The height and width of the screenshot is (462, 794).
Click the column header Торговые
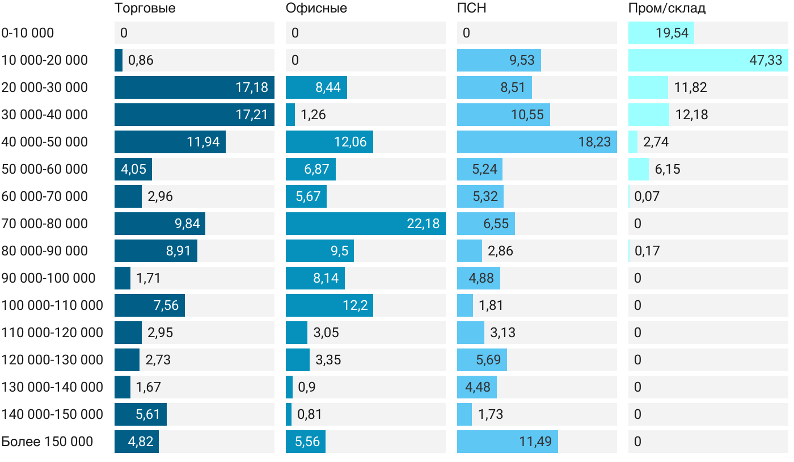point(145,9)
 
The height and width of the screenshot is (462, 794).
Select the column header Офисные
point(316,9)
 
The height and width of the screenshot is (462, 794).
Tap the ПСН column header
point(471,9)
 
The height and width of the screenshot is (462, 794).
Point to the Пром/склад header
point(666,9)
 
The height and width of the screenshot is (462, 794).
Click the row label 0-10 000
point(28,33)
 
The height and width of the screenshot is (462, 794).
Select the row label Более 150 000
point(47,442)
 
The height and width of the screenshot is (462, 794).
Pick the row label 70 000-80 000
point(45,224)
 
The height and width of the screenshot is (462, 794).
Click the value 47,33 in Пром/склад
point(765,60)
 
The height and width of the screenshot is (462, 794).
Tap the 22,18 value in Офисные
point(423,224)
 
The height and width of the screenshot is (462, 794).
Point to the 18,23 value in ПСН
point(594,142)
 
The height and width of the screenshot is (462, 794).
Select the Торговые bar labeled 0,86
point(119,60)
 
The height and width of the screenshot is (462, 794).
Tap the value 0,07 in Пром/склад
point(647,196)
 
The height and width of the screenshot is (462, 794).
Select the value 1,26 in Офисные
point(313,115)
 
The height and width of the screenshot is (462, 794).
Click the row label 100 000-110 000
point(52,305)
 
